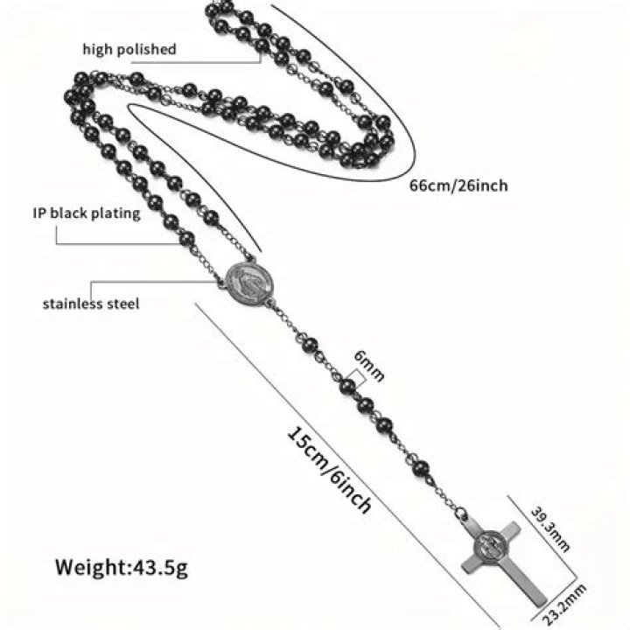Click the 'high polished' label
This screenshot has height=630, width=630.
(129, 49)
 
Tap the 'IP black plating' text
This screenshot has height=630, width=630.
(87, 213)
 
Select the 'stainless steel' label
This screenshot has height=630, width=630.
(91, 304)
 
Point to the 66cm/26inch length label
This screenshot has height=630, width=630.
(458, 185)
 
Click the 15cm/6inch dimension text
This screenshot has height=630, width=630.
(330, 470)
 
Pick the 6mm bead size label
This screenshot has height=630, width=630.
(369, 365)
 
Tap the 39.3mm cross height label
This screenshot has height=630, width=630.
(550, 528)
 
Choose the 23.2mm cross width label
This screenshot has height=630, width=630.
(565, 603)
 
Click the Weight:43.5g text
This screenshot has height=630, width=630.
(122, 567)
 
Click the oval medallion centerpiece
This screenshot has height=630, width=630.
(249, 283)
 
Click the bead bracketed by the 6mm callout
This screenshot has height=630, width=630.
(347, 387)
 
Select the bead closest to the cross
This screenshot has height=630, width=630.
(421, 468)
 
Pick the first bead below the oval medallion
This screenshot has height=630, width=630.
(309, 345)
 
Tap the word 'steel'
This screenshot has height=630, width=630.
(123, 304)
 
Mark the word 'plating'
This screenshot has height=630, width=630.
(115, 213)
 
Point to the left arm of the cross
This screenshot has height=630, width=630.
(472, 564)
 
